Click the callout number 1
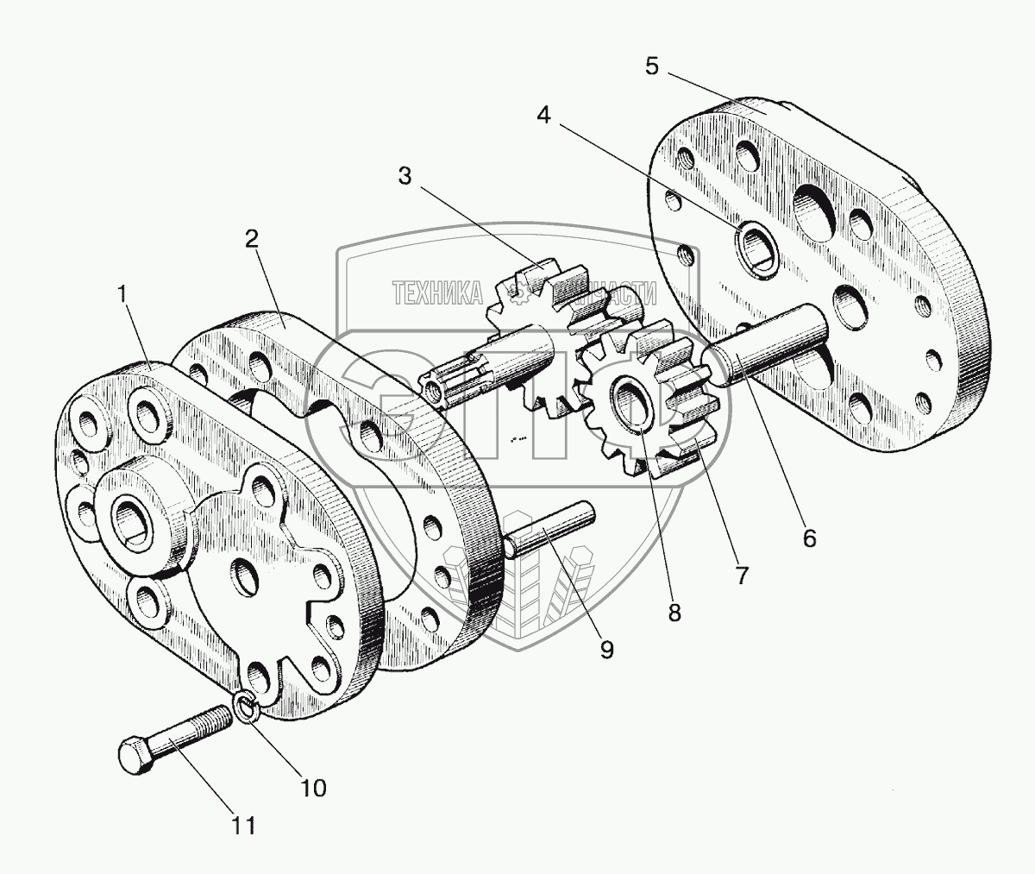[x=125, y=293]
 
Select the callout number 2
[x=251, y=240]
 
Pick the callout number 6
[x=808, y=538]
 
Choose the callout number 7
[x=741, y=575]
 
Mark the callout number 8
[x=674, y=612]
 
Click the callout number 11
[x=244, y=826]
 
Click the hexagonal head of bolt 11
[x=133, y=757]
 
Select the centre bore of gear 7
[x=632, y=401]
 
